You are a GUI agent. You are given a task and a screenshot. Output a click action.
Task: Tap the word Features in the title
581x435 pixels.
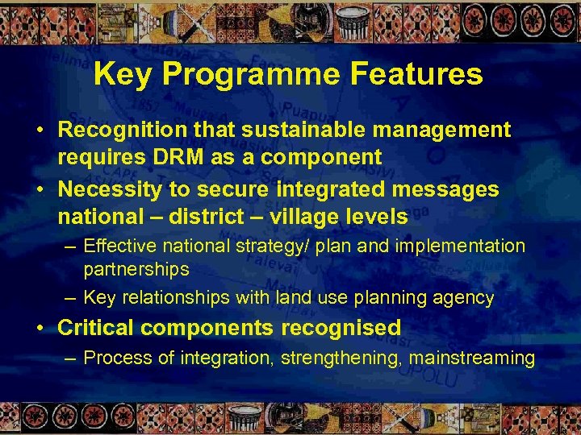[x=419, y=75]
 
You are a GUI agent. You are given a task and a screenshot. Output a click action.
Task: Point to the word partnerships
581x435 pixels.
[x=136, y=269]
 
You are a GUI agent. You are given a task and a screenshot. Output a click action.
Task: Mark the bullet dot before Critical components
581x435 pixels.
[x=40, y=328]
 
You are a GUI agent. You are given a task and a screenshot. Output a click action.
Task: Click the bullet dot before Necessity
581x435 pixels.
[x=40, y=190]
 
